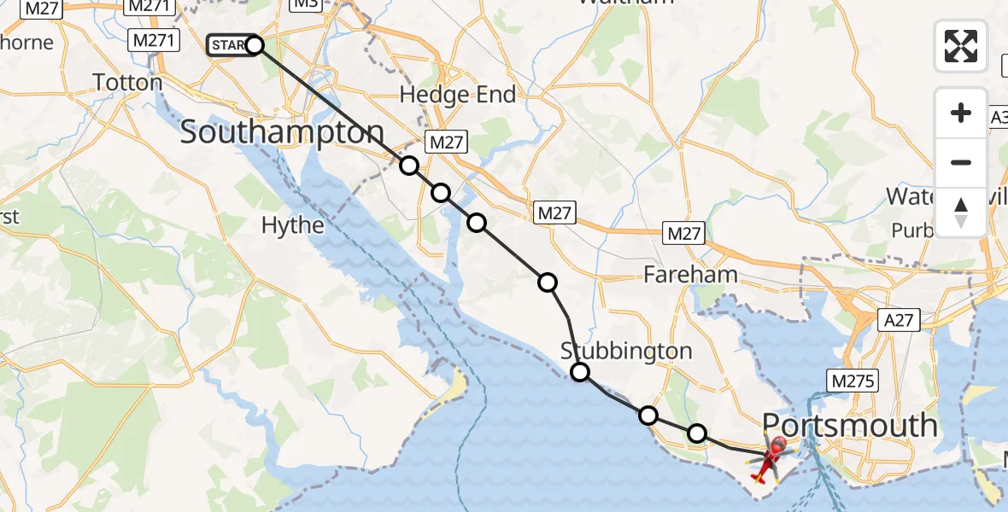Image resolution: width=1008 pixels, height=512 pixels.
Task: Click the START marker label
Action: [x=229, y=44]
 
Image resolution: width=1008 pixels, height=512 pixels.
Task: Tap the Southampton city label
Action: [x=283, y=132]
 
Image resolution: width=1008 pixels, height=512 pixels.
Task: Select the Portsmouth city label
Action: [x=849, y=425]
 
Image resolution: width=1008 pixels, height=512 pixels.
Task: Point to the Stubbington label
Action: [x=626, y=351]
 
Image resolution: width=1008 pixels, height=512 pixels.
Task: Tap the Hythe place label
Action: [x=293, y=225]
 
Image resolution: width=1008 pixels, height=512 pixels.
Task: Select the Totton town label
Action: [x=127, y=83]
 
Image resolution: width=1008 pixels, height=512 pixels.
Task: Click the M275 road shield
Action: [x=850, y=381]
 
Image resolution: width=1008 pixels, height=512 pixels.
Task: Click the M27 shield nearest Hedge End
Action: [x=446, y=143]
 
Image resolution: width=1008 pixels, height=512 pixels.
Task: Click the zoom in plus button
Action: [x=961, y=113]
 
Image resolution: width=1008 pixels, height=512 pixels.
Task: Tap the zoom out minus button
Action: [x=961, y=162]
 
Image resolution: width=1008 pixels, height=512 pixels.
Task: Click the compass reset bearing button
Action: [x=961, y=212]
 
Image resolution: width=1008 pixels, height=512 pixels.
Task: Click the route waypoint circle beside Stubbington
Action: [x=580, y=371]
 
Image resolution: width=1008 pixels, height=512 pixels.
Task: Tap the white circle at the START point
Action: [x=255, y=45]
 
